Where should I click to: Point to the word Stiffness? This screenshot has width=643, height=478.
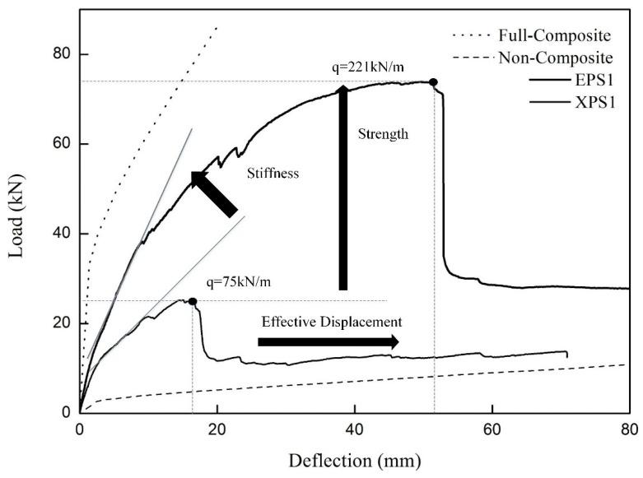tap(273, 174)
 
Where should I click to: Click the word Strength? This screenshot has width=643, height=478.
tap(383, 133)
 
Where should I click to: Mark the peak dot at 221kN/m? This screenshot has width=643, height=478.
tap(434, 82)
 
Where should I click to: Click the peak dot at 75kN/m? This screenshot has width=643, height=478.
tap(193, 301)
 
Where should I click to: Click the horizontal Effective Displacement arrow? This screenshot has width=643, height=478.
tap(328, 341)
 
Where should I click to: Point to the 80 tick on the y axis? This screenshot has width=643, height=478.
tap(61, 54)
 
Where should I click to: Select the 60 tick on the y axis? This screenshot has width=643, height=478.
tap(61, 144)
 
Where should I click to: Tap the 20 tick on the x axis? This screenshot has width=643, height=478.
tap(217, 429)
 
